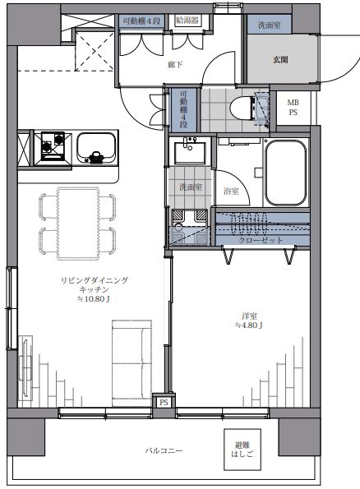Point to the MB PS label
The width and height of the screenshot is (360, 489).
293,108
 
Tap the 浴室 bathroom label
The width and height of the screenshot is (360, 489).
232,191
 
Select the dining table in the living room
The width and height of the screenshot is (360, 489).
79,220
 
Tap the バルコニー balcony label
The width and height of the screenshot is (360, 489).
164,450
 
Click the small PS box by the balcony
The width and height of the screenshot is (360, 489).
164,402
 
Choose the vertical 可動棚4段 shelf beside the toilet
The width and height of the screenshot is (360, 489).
185,110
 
